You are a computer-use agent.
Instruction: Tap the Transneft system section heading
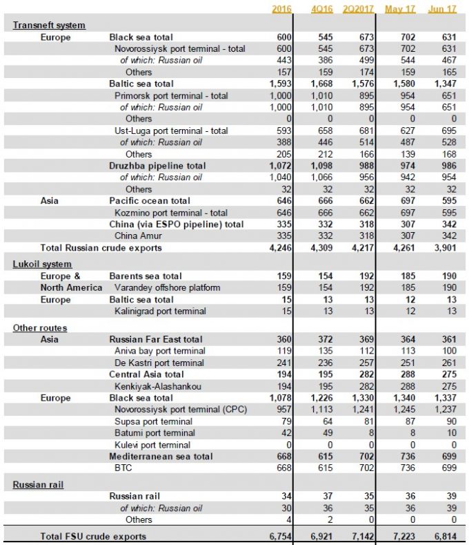pos(49,25)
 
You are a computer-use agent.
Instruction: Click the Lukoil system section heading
pos(42,264)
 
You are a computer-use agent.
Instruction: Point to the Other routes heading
pos(40,327)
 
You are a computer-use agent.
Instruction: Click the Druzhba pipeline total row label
pos(157,166)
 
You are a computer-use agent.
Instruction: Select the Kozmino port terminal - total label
pos(171,213)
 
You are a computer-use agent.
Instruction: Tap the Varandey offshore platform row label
pos(168,287)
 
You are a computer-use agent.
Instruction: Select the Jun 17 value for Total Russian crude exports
pos(443,248)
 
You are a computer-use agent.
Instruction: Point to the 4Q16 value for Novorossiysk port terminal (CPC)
pos(321,410)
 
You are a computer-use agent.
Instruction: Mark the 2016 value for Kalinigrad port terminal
pos(282,311)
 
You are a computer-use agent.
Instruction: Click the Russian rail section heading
pos(38,485)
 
